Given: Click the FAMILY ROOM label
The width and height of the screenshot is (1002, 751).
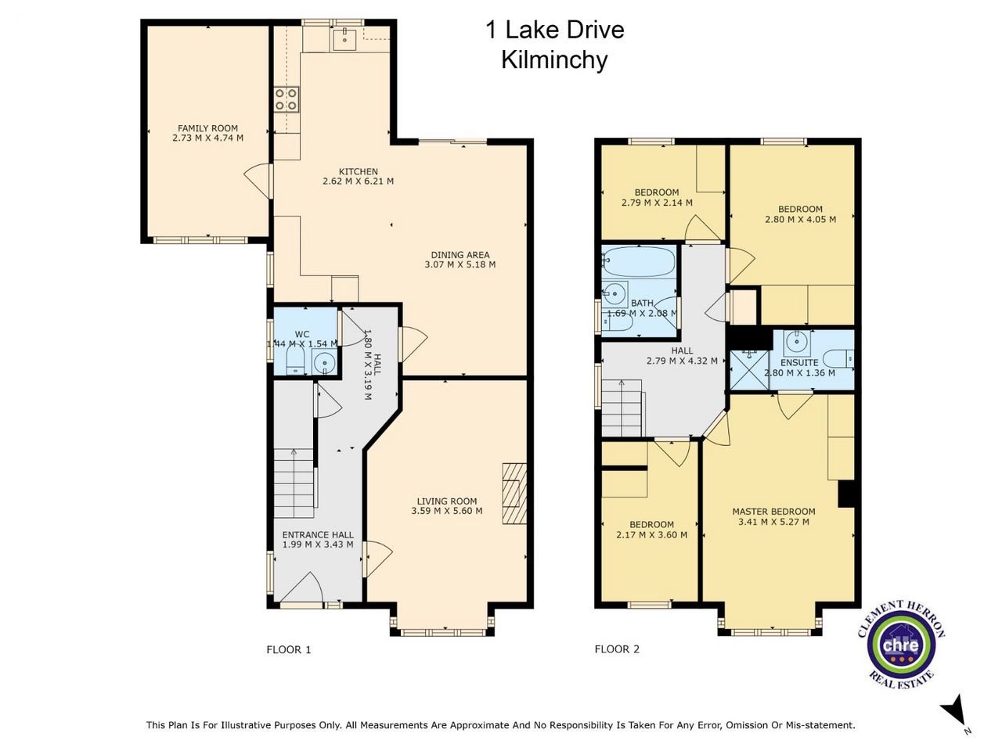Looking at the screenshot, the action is coord(207,128).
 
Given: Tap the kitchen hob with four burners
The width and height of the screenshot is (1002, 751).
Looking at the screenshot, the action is coord(287,100).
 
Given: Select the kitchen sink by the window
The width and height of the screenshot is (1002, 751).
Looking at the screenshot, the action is coord(344,38).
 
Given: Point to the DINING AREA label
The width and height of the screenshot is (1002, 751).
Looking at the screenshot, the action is coord(460,255).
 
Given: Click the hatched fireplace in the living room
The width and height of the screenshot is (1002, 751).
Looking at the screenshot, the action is coord(514,494).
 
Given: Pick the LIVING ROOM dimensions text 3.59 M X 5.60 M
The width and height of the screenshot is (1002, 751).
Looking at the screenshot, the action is coord(447,511).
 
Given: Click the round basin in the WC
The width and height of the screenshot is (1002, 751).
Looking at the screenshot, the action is coord(324,363).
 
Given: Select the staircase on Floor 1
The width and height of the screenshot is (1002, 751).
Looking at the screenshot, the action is coord(294,483).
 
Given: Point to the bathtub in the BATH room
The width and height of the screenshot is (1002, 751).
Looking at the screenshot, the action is coord(639,262).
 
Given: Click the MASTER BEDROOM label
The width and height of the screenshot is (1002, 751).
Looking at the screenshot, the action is coord(773,512).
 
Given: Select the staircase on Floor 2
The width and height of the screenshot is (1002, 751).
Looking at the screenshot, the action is coord(622,408).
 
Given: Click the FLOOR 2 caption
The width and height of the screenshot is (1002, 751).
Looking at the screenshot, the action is coord(617,649).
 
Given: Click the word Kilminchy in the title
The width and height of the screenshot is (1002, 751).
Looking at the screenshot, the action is coord(555,60).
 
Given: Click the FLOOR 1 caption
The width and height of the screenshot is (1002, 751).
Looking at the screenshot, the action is coord(289,649).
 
